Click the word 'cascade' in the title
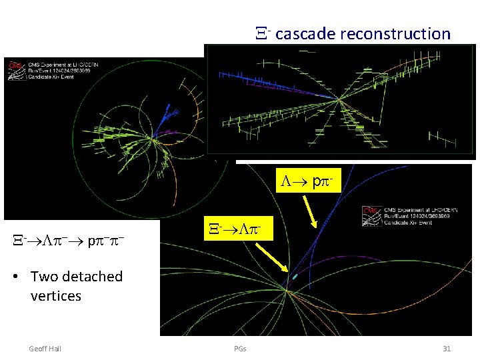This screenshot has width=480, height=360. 303,33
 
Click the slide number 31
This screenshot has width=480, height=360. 447,349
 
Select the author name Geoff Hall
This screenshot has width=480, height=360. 45,349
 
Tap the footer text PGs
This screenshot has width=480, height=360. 240,349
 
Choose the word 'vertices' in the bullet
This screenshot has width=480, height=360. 56,295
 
